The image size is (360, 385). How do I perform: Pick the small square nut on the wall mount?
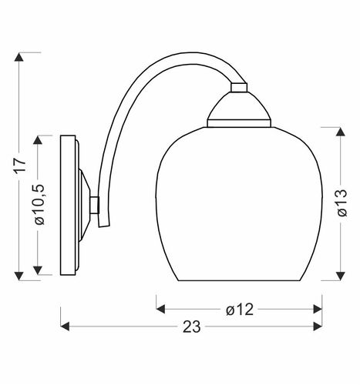(x=96, y=205)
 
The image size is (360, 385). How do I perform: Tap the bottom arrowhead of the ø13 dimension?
(x=340, y=276)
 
